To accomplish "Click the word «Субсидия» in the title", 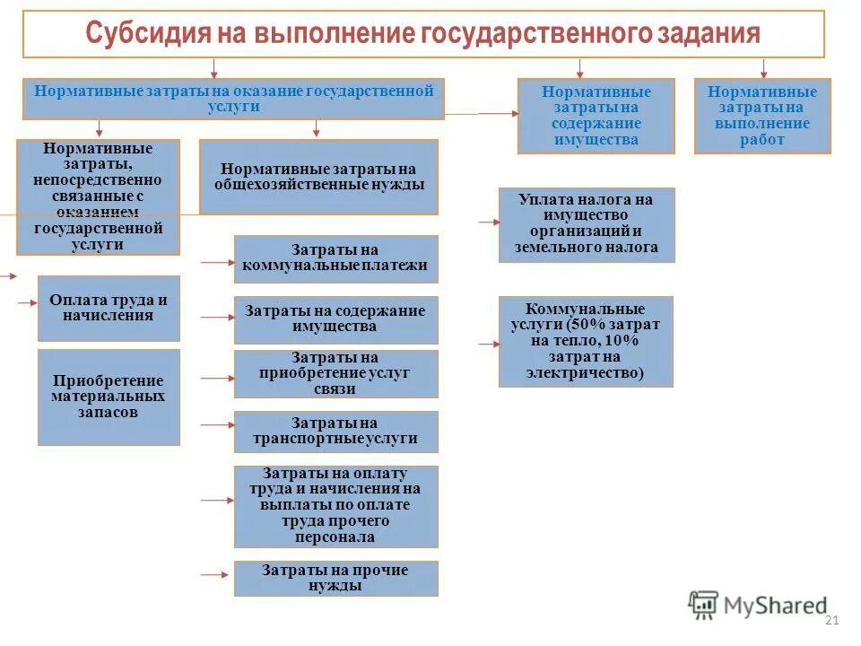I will click(147, 35).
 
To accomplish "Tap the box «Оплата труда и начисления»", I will click(109, 308).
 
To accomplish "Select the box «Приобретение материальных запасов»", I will click(109, 397).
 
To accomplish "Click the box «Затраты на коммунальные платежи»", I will click(335, 258).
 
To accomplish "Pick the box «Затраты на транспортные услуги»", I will click(335, 431).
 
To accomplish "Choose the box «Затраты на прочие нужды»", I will click(335, 578).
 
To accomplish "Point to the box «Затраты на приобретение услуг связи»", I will click(335, 373).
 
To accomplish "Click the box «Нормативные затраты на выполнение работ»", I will click(761, 116).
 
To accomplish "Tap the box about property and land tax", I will click(586, 224).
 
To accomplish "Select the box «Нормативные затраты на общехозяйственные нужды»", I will click(318, 177).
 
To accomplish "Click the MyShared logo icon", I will click(703, 606).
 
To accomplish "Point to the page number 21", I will click(830, 621).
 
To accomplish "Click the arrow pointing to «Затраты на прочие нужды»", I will click(215, 574).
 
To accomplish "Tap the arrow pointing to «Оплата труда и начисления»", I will click(26, 305).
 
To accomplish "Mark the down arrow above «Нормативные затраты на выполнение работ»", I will click(763, 68).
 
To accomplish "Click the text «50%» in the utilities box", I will click(587, 325).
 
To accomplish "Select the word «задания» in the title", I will click(710, 35).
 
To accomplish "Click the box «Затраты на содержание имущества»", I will click(335, 319).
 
